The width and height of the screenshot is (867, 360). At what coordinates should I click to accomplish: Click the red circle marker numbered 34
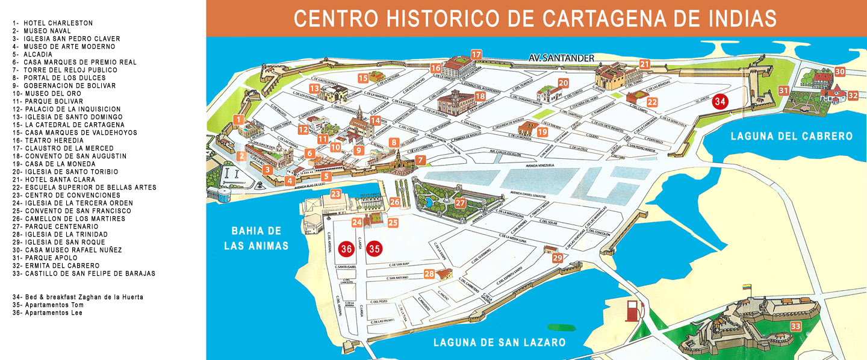tap(719, 101)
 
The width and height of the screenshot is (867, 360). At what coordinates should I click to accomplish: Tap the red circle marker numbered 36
tap(346, 248)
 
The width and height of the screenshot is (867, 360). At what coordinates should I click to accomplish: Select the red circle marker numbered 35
tap(374, 248)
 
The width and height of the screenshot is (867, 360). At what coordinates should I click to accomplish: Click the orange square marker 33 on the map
tap(795, 326)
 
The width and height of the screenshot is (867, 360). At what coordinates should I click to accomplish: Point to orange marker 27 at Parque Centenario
tap(461, 203)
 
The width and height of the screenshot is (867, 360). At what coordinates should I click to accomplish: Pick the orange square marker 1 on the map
tap(239, 119)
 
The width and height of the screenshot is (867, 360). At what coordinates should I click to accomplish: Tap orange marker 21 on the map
tap(645, 64)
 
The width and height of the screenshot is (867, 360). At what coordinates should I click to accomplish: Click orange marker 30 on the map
tap(840, 72)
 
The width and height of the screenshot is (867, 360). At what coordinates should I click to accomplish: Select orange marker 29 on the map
tap(557, 258)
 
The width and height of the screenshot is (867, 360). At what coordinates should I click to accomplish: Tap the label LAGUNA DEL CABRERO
tap(791, 136)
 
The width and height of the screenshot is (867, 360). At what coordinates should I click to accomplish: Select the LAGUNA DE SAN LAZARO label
tap(499, 343)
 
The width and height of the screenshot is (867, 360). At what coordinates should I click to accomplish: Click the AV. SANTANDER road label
tap(561, 58)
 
